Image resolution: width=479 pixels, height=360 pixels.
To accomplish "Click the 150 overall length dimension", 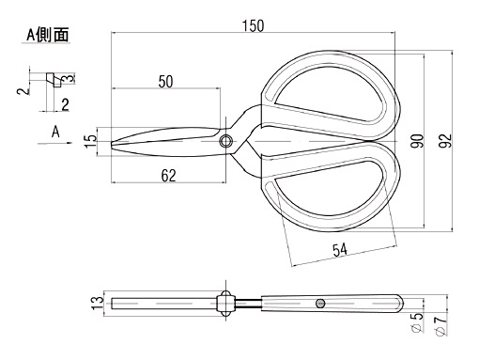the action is click(x=254, y=25).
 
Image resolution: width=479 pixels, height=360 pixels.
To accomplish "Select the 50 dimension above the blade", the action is click(x=165, y=82).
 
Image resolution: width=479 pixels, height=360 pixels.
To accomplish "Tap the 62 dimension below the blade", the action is click(x=168, y=176).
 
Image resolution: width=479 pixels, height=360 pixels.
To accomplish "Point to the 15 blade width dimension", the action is click(x=91, y=141).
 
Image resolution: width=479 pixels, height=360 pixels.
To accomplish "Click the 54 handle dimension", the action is click(x=340, y=250).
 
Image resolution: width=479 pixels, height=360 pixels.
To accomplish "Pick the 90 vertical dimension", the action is click(x=417, y=141).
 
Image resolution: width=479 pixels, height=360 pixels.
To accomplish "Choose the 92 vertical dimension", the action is click(x=445, y=141).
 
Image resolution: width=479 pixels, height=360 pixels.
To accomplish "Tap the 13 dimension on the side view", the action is click(x=98, y=303).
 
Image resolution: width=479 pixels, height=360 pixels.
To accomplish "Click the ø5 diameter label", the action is click(x=417, y=322).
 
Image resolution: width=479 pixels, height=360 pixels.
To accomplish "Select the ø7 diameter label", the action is click(x=440, y=325).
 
